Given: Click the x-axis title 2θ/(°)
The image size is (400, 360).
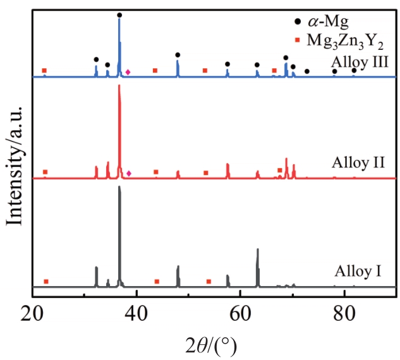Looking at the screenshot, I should (x=212, y=345).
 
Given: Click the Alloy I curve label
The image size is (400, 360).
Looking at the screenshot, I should (x=357, y=273).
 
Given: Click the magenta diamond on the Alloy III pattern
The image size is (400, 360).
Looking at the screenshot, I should (x=128, y=72).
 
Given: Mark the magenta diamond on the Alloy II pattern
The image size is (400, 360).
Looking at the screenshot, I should (x=129, y=173).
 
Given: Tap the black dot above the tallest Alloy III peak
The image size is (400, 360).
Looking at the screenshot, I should (x=119, y=15).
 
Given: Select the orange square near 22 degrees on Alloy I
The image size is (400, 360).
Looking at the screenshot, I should (x=45, y=281).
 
